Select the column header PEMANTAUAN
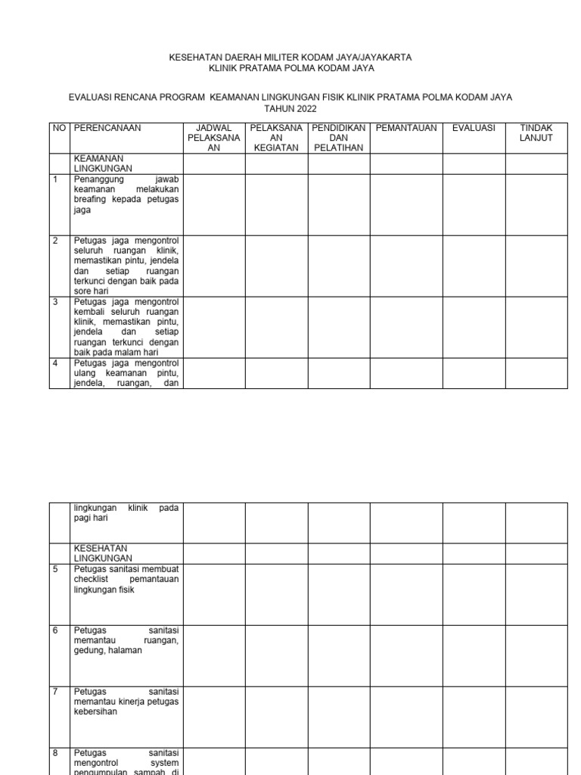[x=406, y=128]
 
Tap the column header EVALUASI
[x=474, y=128]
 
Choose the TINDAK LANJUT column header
[x=536, y=133]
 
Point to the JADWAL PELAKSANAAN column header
[x=213, y=138]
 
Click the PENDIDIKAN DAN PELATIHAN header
[x=338, y=138]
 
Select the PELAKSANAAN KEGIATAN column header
[x=276, y=138]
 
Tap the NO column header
[x=59, y=128]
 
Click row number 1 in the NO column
[x=54, y=179]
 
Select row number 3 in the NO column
[x=54, y=302]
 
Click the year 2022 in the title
[x=300, y=109]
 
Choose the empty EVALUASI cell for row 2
[x=474, y=266]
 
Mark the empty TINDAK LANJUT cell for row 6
[x=536, y=655]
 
